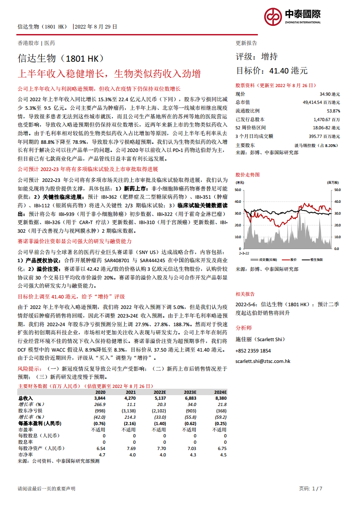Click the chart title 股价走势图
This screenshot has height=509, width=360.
[x=248, y=174]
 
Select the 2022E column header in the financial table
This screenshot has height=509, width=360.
[x=159, y=392]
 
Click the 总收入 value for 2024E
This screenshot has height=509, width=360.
[x=220, y=397]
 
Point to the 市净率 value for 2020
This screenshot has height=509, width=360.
[x=102, y=455]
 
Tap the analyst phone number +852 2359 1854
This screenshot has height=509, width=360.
[x=253, y=351]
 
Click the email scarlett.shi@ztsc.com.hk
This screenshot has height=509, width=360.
[x=263, y=361]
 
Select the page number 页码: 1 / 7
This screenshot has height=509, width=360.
[x=311, y=489]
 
